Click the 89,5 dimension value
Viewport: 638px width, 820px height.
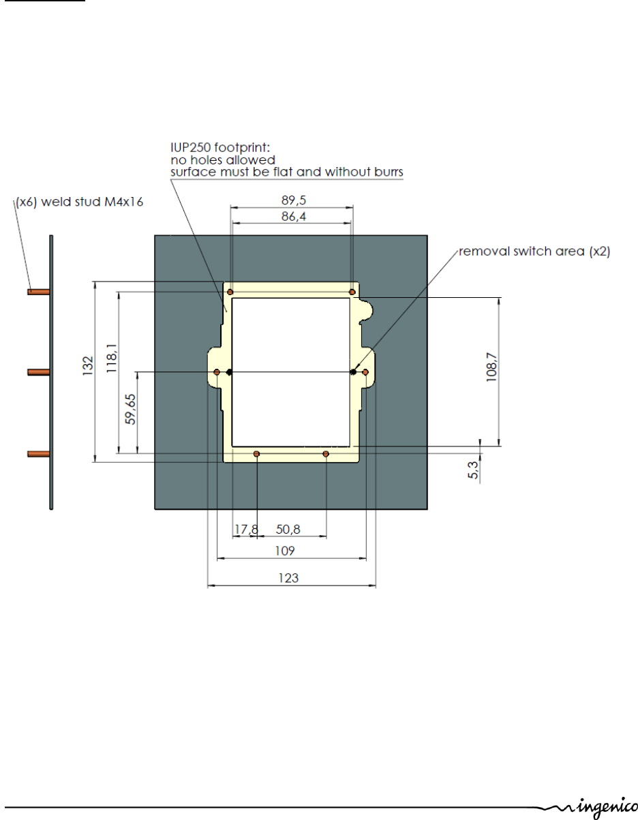click(x=294, y=200)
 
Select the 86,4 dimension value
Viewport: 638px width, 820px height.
click(x=294, y=217)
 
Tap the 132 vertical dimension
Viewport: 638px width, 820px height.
click(x=87, y=365)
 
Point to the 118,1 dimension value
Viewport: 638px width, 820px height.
click(x=112, y=358)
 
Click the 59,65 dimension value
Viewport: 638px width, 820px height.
click(x=131, y=409)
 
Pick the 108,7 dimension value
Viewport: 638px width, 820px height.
click(x=491, y=367)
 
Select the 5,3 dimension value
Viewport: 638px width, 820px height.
click(x=473, y=470)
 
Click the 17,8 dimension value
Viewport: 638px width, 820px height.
click(x=246, y=530)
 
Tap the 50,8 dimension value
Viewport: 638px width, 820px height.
click(x=288, y=530)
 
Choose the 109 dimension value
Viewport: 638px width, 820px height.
click(x=285, y=551)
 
